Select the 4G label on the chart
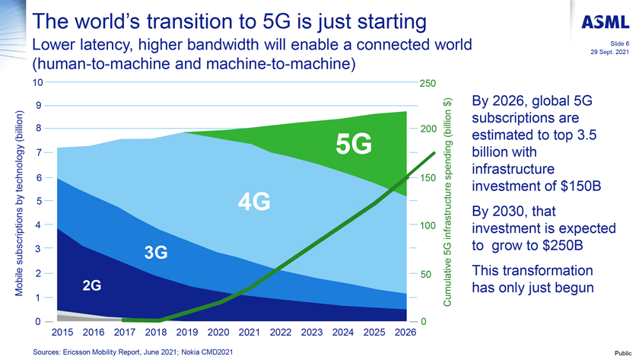click(254, 202)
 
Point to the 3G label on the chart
click(155, 252)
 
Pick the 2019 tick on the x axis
click(186, 333)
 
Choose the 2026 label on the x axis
click(405, 333)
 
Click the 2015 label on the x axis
click(62, 333)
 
